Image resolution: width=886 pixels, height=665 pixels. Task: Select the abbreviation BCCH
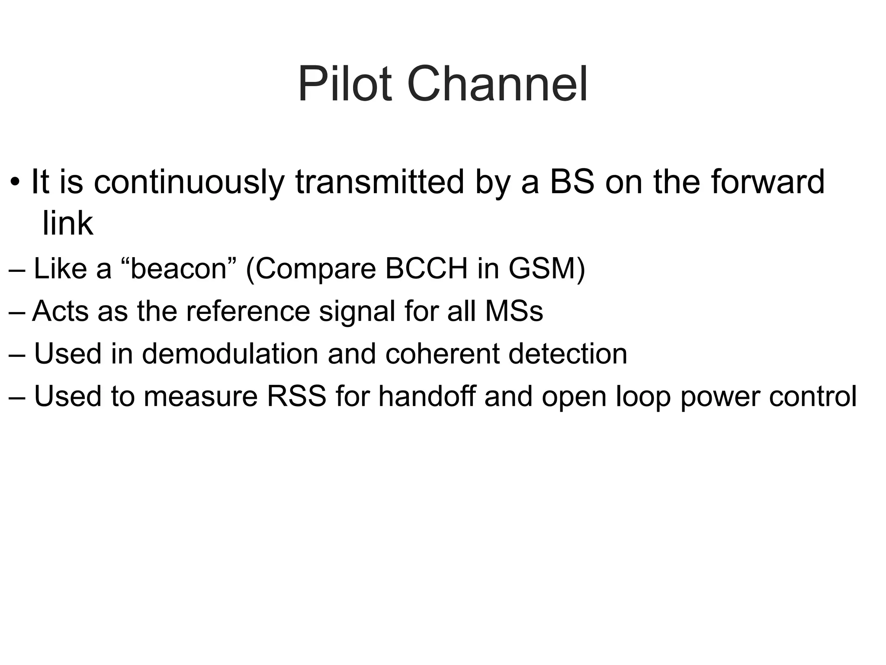pyautogui.click(x=426, y=269)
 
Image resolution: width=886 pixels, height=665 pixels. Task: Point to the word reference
pyautogui.click(x=248, y=311)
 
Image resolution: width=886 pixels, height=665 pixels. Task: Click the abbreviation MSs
pyautogui.click(x=514, y=311)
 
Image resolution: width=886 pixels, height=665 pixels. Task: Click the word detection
pyautogui.click(x=568, y=354)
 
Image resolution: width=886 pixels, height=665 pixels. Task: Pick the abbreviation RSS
pyautogui.click(x=296, y=396)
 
